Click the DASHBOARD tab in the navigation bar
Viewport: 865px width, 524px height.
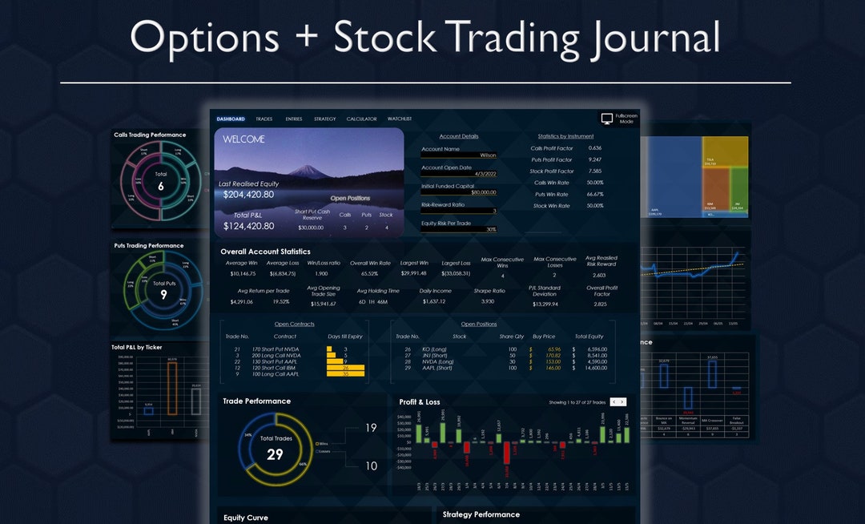231,119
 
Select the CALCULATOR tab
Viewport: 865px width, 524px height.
361,119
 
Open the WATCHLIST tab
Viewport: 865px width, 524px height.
400,119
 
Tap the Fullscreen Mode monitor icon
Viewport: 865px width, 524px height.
607,119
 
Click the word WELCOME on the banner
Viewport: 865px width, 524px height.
244,139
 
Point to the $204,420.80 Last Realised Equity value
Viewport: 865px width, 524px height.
248,195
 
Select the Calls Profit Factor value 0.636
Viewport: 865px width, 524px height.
594,148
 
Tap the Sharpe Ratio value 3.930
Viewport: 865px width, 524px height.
488,302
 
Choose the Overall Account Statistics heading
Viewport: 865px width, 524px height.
265,252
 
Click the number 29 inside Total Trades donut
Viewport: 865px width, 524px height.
275,454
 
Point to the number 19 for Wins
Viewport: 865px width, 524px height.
371,428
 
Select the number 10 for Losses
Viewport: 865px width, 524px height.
371,466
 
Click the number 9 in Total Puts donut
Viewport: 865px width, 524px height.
163,295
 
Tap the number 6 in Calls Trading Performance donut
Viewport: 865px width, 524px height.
160,186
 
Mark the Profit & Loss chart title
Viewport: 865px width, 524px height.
420,402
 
